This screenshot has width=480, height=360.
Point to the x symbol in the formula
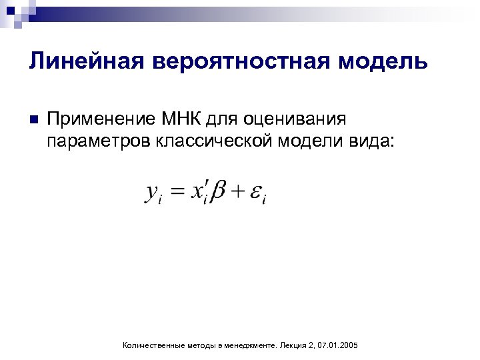point(198,193)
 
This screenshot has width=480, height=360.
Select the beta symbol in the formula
point(218,193)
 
